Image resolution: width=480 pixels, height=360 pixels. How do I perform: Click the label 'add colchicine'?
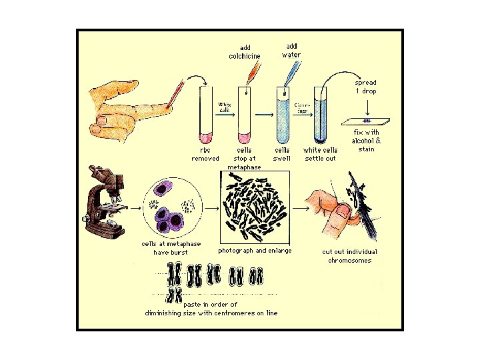pyautogui.click(x=245, y=52)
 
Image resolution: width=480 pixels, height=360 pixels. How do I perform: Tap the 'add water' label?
pyautogui.click(x=291, y=50)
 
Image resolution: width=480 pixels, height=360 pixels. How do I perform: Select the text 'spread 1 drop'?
pyautogui.click(x=365, y=86)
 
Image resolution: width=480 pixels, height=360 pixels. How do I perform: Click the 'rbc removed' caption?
pyautogui.click(x=205, y=154)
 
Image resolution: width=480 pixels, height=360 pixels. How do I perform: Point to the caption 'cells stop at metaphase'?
pyautogui.click(x=244, y=158)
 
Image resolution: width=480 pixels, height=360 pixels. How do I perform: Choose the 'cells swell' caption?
pyautogui.click(x=282, y=154)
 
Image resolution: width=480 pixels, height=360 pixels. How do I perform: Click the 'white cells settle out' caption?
pyautogui.click(x=321, y=154)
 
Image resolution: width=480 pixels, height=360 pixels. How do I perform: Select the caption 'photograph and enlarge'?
pyautogui.click(x=255, y=251)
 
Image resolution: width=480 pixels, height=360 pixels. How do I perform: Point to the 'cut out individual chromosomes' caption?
pyautogui.click(x=349, y=256)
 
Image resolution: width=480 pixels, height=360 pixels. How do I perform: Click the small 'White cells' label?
pyautogui.click(x=225, y=107)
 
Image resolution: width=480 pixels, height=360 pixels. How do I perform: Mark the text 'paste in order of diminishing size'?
pyautogui.click(x=211, y=309)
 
